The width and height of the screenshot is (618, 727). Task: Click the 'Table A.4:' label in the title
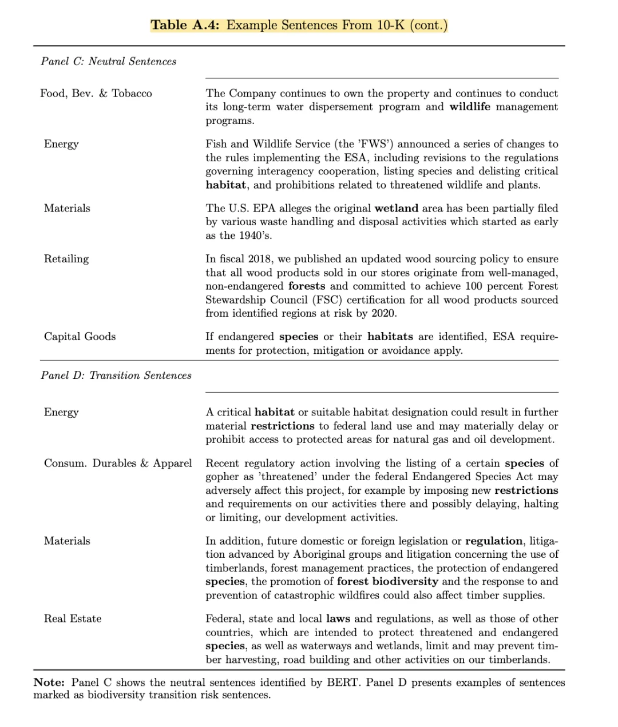[x=185, y=25]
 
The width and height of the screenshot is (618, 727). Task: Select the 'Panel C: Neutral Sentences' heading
[x=109, y=62]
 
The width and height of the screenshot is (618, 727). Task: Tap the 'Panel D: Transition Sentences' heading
[x=116, y=376]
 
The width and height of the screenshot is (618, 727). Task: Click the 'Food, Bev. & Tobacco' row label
[x=96, y=94]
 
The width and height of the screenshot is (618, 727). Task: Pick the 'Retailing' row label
[x=66, y=259]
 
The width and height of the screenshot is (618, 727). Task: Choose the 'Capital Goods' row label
[x=80, y=337]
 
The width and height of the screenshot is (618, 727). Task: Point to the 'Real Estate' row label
[x=73, y=619]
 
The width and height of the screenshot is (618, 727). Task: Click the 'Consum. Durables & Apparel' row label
[x=118, y=464]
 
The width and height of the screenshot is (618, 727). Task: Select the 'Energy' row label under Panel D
[x=61, y=413]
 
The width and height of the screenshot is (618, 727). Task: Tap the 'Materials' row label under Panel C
[x=67, y=209]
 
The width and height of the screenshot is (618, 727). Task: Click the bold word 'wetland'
[x=396, y=209]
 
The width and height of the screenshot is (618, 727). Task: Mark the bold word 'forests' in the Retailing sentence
[x=307, y=286]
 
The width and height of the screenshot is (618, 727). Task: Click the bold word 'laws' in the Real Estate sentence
[x=338, y=619]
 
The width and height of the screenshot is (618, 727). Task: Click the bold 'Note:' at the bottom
[x=49, y=683]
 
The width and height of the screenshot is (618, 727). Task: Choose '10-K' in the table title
[x=390, y=25]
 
